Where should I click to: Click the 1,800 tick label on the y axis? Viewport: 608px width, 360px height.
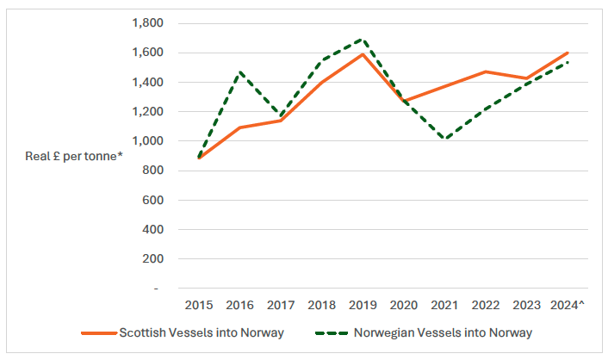(x=147, y=23)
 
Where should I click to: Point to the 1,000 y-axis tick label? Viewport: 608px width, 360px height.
(x=147, y=141)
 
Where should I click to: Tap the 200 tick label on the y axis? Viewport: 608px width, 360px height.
(x=152, y=258)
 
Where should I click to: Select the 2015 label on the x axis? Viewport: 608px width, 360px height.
(x=199, y=305)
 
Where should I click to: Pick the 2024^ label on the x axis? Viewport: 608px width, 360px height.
(x=568, y=305)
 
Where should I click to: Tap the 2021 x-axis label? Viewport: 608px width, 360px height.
(x=445, y=305)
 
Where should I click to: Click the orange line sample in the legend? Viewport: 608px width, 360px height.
(x=98, y=332)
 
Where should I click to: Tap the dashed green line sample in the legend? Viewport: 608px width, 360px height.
(x=339, y=332)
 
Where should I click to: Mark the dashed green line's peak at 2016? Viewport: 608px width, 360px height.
(x=240, y=72)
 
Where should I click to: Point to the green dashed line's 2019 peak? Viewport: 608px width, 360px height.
(x=363, y=39)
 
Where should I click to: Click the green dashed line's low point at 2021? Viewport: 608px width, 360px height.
(x=445, y=139)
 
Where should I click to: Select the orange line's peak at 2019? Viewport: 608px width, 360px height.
(x=363, y=54)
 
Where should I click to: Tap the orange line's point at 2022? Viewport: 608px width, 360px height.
(x=486, y=71)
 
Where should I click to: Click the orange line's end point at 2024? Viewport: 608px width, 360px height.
(x=568, y=53)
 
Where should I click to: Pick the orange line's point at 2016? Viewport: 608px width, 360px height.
(x=240, y=127)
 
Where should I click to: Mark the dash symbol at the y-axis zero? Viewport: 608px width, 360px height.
(x=157, y=288)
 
